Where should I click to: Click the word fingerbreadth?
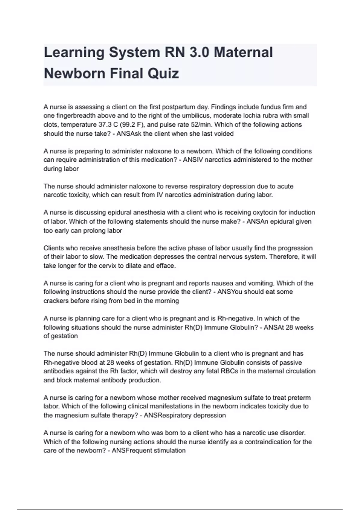click(x=75, y=116)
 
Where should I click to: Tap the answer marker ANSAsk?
click(x=129, y=133)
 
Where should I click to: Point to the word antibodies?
click(x=59, y=371)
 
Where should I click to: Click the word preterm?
click(x=299, y=398)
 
